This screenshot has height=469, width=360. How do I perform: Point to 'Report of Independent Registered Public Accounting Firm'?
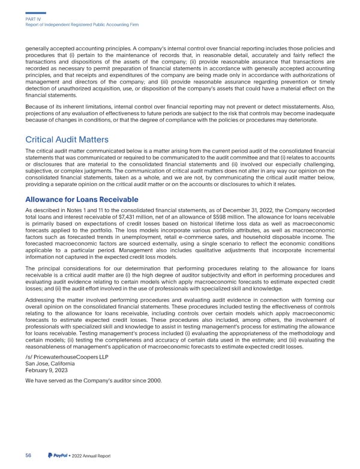pyautogui.click(x=83, y=25)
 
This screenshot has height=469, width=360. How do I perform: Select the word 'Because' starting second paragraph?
pyautogui.click(x=37, y=107)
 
